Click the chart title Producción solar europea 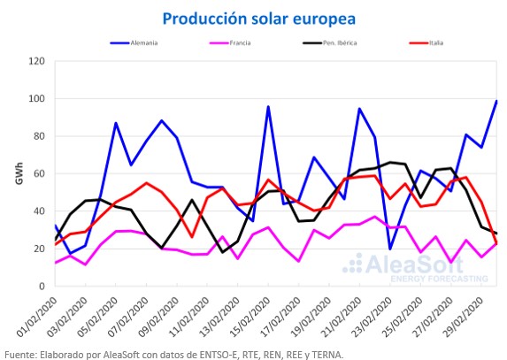point(259,19)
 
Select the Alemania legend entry point(134,42)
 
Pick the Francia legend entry point(230,42)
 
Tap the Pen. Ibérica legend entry point(330,42)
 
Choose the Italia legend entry point(426,42)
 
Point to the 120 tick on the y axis point(36,61)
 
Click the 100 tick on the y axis point(36,98)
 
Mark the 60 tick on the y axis point(39,173)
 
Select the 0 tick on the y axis point(42,286)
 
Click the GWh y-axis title point(19,173)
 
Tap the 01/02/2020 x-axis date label point(36,317)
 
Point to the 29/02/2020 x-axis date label point(463,317)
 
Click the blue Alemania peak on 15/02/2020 point(268,106)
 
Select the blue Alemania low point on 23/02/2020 point(390,249)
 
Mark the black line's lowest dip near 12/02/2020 point(222,252)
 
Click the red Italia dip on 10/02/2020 point(192,237)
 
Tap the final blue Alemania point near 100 point(496,101)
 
